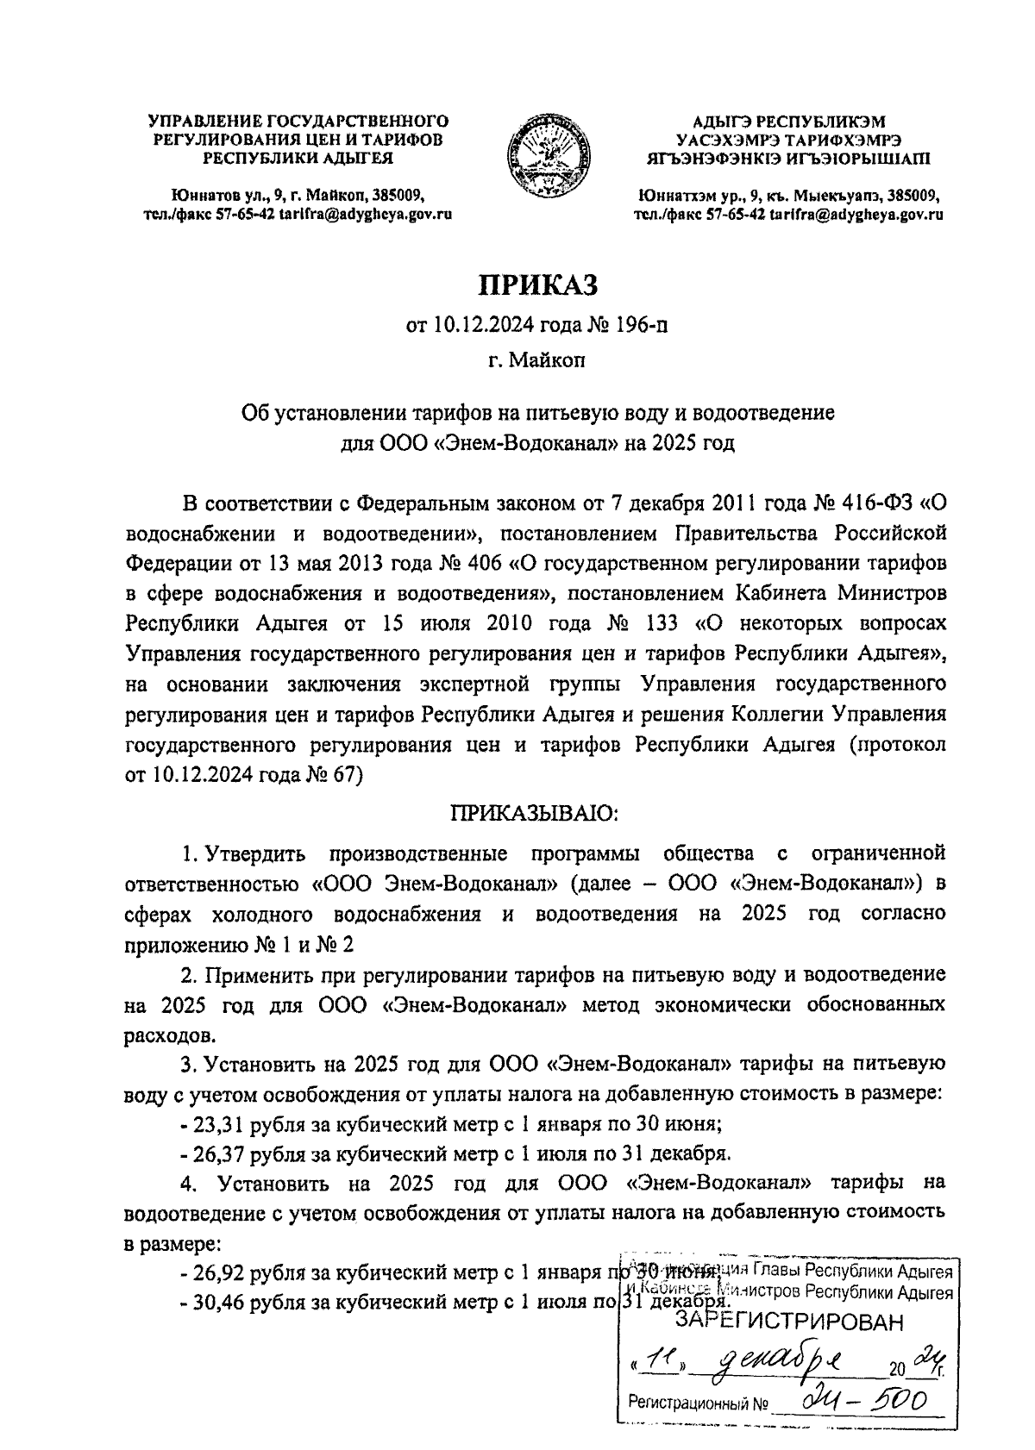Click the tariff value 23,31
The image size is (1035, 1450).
coord(222,1125)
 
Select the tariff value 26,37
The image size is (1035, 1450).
coord(222,1153)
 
